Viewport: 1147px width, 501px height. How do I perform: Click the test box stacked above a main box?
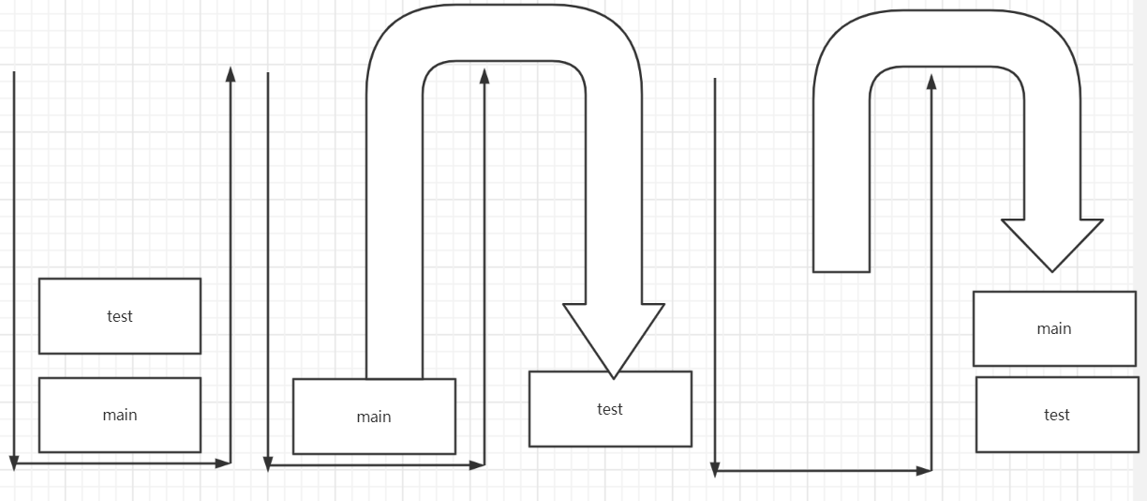click(x=120, y=316)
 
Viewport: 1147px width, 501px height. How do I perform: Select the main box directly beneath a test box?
click(x=120, y=415)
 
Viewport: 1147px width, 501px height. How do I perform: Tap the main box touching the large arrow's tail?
click(x=374, y=417)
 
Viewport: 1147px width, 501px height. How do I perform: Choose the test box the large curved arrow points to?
click(x=610, y=409)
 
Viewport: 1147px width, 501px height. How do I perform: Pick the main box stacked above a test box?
click(x=1054, y=328)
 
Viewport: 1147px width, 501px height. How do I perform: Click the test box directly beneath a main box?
click(x=1057, y=415)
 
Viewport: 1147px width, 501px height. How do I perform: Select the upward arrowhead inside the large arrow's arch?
click(x=484, y=75)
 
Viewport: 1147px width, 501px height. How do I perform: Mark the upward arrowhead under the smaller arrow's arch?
click(x=931, y=82)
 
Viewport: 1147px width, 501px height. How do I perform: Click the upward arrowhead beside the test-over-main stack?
click(x=231, y=74)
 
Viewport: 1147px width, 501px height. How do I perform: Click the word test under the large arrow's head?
click(x=610, y=409)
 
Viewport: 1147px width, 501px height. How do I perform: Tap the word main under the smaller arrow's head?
click(x=1054, y=328)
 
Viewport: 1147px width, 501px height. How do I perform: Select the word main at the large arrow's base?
click(x=374, y=417)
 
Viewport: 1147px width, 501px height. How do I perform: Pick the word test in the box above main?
click(x=120, y=316)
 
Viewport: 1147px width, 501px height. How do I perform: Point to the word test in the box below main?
click(x=1057, y=415)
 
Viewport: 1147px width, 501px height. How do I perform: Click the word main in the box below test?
click(x=120, y=415)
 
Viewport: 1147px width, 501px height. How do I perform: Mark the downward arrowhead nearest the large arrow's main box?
click(x=268, y=463)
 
